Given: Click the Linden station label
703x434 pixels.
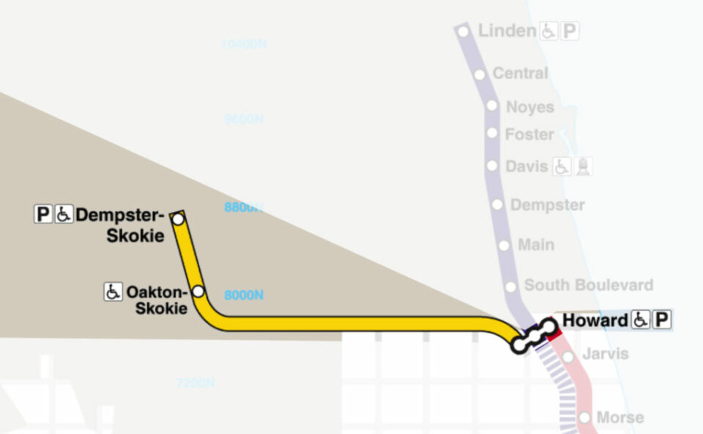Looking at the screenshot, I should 507,31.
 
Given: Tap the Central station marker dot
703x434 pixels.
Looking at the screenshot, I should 480,74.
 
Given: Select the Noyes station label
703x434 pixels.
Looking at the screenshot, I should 530,107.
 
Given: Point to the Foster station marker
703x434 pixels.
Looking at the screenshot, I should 492,133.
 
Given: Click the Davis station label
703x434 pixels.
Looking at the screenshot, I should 527,166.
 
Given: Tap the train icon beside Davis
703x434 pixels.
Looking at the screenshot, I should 583,166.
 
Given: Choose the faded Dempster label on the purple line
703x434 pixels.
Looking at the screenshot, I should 547,205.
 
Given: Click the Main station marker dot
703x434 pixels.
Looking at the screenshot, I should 504,246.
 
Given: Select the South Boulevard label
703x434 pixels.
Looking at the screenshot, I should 588,285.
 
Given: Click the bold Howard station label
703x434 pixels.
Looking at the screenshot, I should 595,320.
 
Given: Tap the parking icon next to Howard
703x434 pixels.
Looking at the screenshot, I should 662,320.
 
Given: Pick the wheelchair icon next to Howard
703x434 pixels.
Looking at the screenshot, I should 641,320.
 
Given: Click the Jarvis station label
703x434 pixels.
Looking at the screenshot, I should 605,354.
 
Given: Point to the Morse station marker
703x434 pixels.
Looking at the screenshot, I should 584,417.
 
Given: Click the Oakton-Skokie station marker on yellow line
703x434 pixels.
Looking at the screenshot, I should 198,292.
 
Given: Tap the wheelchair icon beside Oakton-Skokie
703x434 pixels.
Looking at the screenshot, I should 113,292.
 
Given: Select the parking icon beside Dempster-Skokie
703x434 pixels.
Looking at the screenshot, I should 43,215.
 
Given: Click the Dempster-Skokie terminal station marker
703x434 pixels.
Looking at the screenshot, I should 177,218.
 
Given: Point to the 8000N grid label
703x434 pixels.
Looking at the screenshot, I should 244,295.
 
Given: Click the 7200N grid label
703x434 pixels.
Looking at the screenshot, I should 196,383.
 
